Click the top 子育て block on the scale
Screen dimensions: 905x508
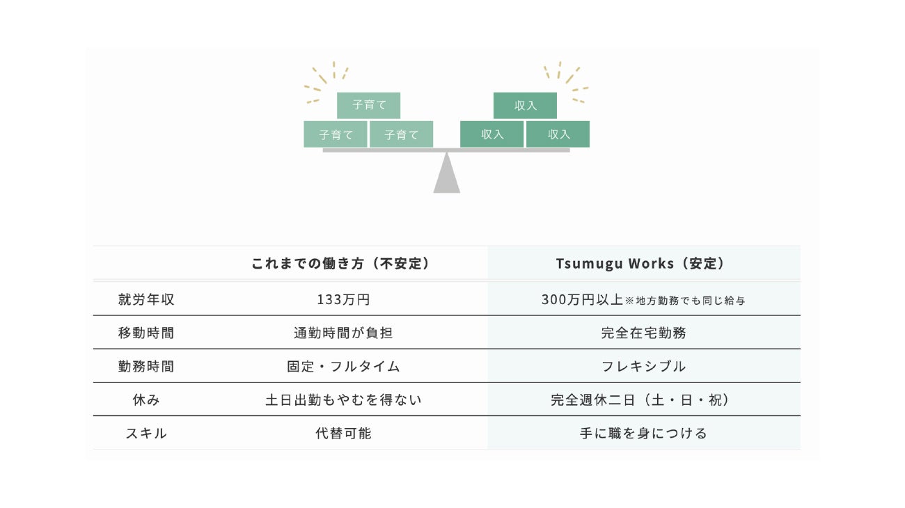[368, 105]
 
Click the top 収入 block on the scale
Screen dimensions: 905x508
[525, 105]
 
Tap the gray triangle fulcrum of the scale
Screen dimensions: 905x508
[446, 173]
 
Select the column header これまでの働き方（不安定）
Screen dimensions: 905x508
[340, 264]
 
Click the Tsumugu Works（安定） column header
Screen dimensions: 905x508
[640, 264]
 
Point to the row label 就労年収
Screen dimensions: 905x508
[146, 300]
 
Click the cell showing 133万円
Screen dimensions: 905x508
[343, 300]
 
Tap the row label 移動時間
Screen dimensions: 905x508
[146, 333]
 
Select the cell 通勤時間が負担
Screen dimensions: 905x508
[343, 333]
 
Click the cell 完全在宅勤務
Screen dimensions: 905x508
[643, 333]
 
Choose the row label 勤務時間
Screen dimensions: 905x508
[146, 367]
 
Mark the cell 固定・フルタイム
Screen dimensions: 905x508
[343, 367]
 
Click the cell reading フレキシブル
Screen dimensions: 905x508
[643, 367]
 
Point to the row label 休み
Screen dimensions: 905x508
[146, 400]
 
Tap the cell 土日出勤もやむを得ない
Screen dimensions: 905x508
[343, 400]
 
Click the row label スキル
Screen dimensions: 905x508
[146, 434]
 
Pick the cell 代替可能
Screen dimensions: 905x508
[343, 434]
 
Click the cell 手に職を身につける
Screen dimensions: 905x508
[643, 434]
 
